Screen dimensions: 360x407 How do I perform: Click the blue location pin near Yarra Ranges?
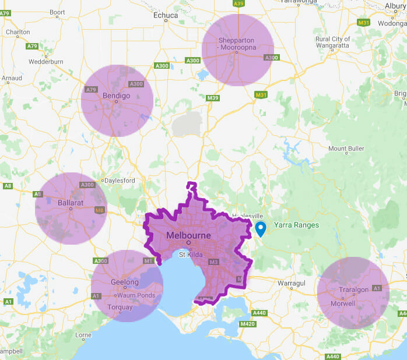point(261,228)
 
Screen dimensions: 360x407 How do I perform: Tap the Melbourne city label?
point(188,235)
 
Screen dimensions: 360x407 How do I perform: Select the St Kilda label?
point(190,254)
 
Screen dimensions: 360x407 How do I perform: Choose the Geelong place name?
point(125,283)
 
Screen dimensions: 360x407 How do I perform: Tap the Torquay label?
point(120,307)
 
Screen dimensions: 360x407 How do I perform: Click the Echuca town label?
point(165,16)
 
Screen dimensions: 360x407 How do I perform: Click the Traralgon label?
point(353,290)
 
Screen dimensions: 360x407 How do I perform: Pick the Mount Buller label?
point(346,149)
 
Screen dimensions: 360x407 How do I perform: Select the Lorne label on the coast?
point(83,335)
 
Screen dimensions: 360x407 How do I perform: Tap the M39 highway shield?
point(212,98)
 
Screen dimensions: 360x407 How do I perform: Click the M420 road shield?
point(247,324)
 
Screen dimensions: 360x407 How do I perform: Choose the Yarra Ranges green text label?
point(296,225)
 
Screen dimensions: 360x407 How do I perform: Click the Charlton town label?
point(17,32)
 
